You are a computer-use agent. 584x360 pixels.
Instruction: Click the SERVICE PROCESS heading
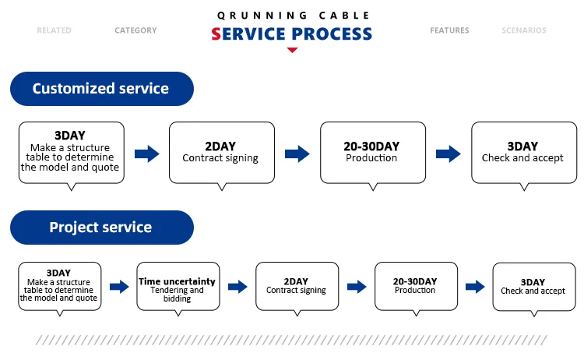point(292,34)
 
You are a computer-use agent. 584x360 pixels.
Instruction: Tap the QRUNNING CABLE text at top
point(292,15)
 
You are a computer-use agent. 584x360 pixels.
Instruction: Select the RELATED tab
point(54,30)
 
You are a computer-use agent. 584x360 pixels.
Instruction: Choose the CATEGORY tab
point(135,30)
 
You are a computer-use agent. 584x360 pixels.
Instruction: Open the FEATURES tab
point(449,30)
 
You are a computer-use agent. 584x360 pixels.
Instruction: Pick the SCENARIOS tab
point(524,30)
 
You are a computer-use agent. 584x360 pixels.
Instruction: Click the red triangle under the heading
point(292,50)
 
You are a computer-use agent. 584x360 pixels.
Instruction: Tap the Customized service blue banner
point(100,89)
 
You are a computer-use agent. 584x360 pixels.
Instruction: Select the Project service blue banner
point(100,228)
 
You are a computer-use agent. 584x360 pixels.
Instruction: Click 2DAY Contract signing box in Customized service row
point(221,152)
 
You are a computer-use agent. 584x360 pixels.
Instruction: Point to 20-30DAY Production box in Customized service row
point(371,152)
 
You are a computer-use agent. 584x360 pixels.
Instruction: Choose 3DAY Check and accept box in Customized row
point(522,152)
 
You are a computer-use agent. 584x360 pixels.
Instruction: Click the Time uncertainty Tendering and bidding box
point(178,287)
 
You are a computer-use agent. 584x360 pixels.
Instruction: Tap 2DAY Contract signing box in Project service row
point(297,286)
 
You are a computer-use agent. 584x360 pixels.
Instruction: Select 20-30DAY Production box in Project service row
point(415,286)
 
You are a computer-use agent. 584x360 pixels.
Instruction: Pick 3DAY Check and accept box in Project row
point(533,287)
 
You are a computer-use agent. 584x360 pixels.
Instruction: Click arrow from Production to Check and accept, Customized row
point(448,154)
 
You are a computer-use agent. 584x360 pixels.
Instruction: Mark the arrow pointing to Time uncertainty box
point(119,287)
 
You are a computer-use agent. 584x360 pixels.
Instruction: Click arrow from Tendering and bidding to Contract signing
point(237,287)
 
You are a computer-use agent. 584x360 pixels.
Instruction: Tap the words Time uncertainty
point(178,281)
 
